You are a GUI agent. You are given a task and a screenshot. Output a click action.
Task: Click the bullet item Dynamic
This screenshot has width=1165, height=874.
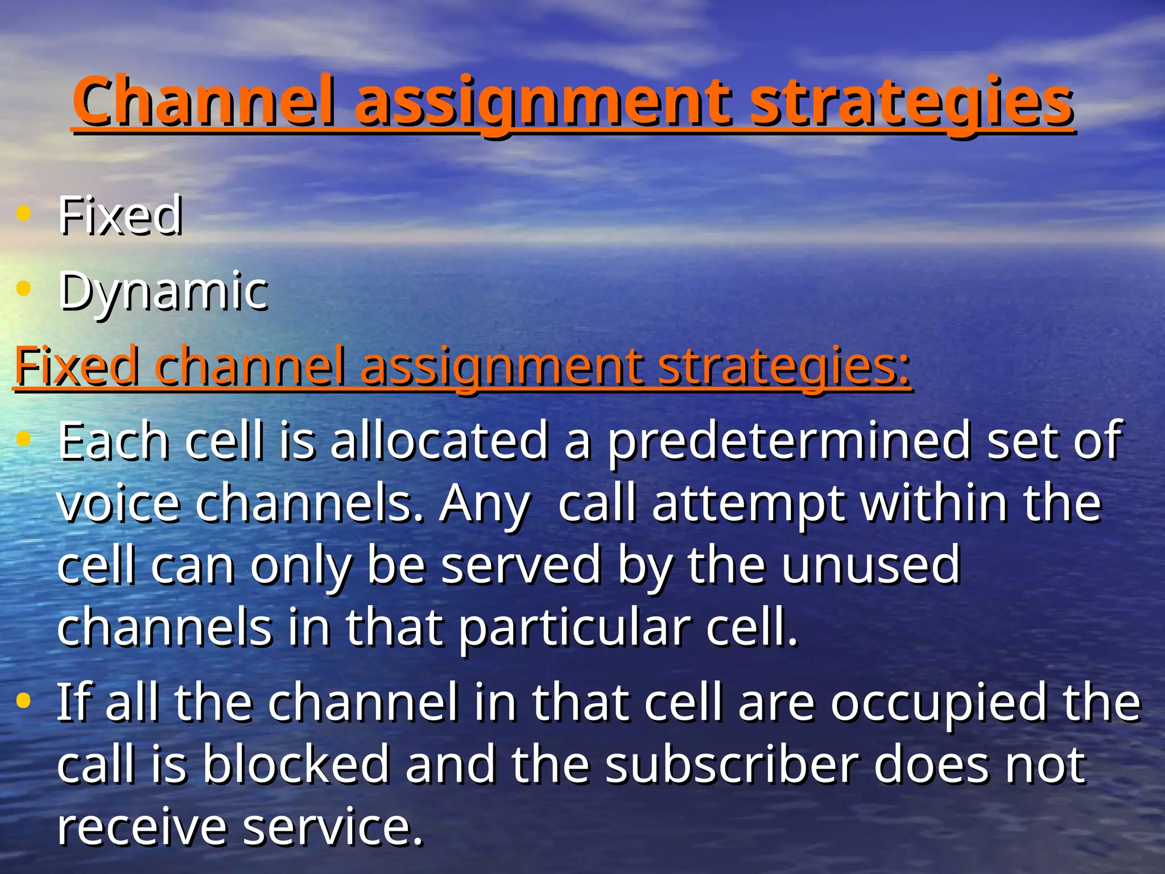[163, 291]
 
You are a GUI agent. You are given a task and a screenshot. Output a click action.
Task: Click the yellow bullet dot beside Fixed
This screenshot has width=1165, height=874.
[23, 213]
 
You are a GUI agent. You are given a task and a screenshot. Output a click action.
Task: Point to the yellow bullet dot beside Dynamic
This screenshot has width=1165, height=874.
[23, 288]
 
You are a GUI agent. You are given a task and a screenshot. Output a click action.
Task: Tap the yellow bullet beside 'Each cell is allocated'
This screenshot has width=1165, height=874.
[23, 438]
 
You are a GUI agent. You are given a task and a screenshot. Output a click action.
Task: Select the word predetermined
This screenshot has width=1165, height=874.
[788, 441]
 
